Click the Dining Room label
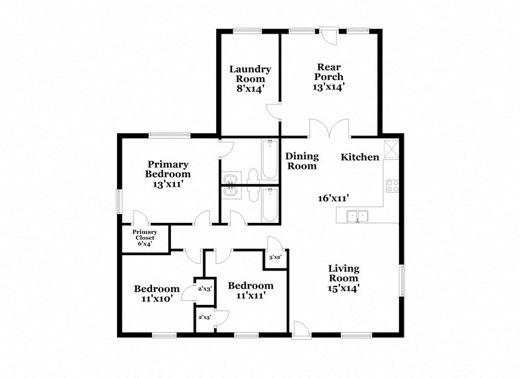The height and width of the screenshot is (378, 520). [x=301, y=161]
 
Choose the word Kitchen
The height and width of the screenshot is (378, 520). [x=360, y=157]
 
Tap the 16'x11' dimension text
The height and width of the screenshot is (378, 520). [x=334, y=198]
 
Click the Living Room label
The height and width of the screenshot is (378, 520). [x=343, y=278]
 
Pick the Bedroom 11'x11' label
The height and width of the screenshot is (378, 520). [x=250, y=290]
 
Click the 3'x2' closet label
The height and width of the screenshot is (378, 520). [x=276, y=258]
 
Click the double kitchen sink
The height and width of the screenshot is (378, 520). [x=357, y=217]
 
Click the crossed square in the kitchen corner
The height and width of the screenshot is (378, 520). [x=392, y=149]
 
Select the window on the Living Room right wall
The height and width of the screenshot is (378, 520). [x=402, y=280]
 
